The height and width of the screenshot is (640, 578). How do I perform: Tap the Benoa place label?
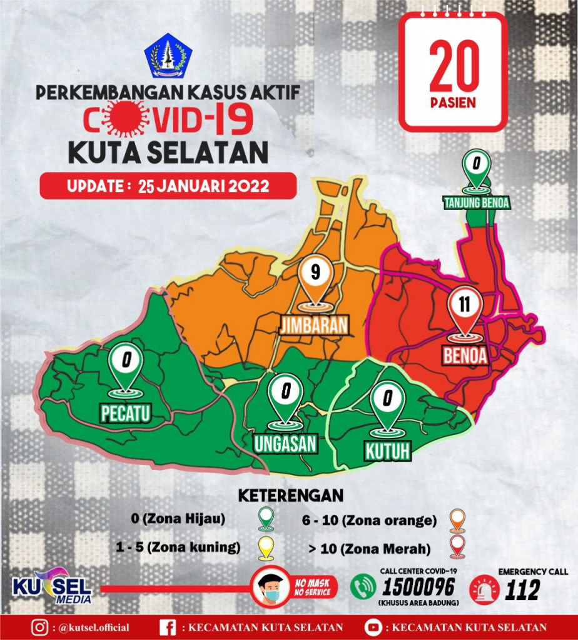click(x=465, y=355)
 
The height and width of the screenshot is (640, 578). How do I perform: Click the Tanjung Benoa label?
click(x=477, y=202)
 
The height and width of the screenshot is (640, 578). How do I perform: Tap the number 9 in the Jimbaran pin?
click(x=315, y=273)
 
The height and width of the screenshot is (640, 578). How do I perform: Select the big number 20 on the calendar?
click(x=454, y=67)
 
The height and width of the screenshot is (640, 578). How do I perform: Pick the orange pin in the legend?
click(x=458, y=519)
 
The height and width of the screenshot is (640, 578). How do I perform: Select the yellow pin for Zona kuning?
click(x=266, y=549)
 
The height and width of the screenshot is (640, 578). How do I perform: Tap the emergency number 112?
click(x=522, y=589)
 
